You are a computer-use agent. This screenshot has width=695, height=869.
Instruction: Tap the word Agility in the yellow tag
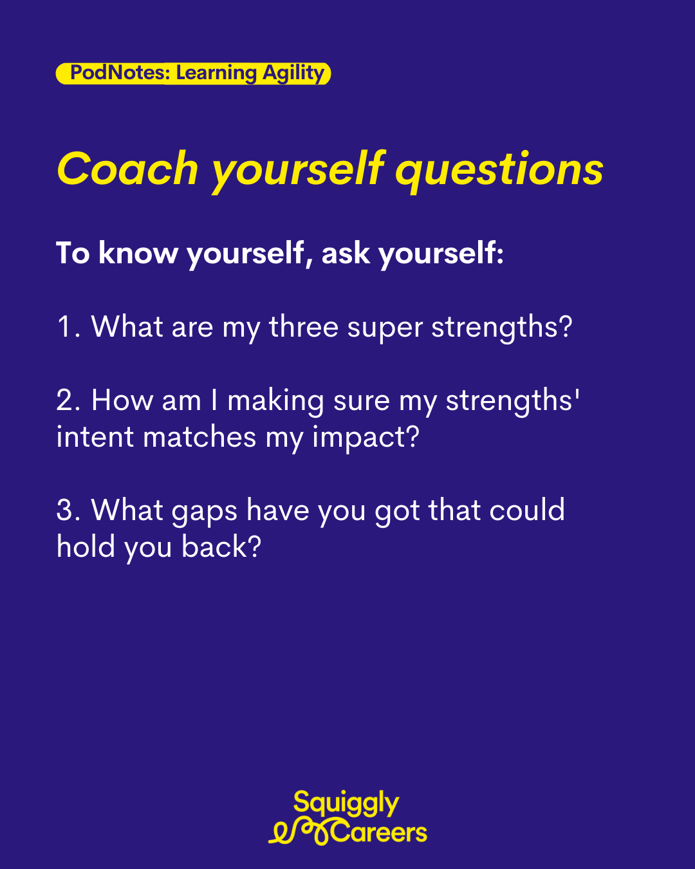[293, 74]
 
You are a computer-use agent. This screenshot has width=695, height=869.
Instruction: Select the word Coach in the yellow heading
[127, 169]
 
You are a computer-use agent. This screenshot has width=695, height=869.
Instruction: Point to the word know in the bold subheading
[138, 253]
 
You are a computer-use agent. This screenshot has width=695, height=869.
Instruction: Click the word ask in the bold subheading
[346, 253]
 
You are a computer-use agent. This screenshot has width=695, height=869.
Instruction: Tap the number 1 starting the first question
[64, 326]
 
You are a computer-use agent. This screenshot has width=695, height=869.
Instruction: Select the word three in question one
[304, 326]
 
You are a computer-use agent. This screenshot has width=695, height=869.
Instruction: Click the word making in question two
[275, 402]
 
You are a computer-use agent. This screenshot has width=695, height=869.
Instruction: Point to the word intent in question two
[95, 437]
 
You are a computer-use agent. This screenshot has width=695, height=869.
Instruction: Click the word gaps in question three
[205, 513]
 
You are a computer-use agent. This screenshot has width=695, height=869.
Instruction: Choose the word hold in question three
[86, 546]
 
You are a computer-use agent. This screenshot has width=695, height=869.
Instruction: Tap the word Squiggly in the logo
[346, 803]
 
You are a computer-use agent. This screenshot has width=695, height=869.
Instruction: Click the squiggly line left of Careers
[301, 832]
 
